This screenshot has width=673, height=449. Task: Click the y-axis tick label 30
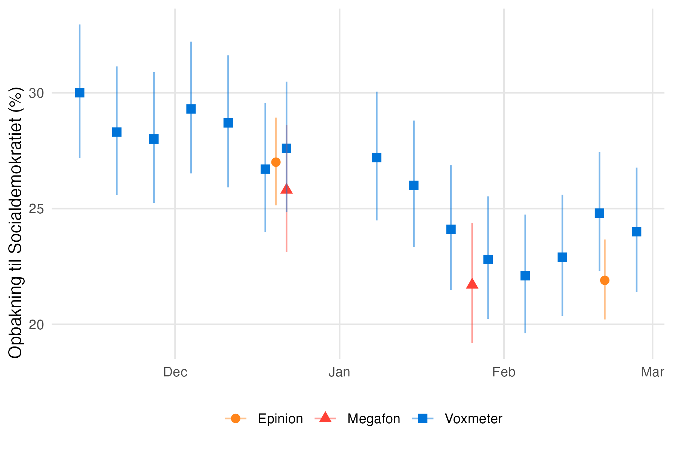pos(36,93)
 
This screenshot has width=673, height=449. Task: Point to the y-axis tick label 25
pos(36,208)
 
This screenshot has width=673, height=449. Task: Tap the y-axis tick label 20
pos(36,324)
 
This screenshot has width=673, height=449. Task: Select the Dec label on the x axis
pos(175,372)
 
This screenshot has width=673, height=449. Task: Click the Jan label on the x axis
pos(339,372)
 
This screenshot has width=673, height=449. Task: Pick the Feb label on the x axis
pos(504,372)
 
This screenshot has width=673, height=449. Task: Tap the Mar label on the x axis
pos(652,372)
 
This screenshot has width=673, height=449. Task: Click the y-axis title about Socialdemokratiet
pos(16,223)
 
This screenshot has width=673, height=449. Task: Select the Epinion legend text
pos(280,419)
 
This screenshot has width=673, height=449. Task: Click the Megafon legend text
pos(374,419)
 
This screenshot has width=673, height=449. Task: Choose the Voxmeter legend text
pos(473,419)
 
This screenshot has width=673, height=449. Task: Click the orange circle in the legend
pos(236,418)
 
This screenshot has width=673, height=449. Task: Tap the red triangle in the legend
pos(325,418)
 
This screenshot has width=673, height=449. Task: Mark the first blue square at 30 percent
pos(80,93)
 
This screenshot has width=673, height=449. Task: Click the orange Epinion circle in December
pos(276,162)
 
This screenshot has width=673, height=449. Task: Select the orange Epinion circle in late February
pos(605,280)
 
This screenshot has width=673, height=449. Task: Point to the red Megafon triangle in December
pos(286,189)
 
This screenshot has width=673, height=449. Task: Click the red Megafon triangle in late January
pos(472,284)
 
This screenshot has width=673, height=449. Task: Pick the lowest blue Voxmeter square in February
pos(525,276)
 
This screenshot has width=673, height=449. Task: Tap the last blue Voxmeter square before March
pos(637,232)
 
